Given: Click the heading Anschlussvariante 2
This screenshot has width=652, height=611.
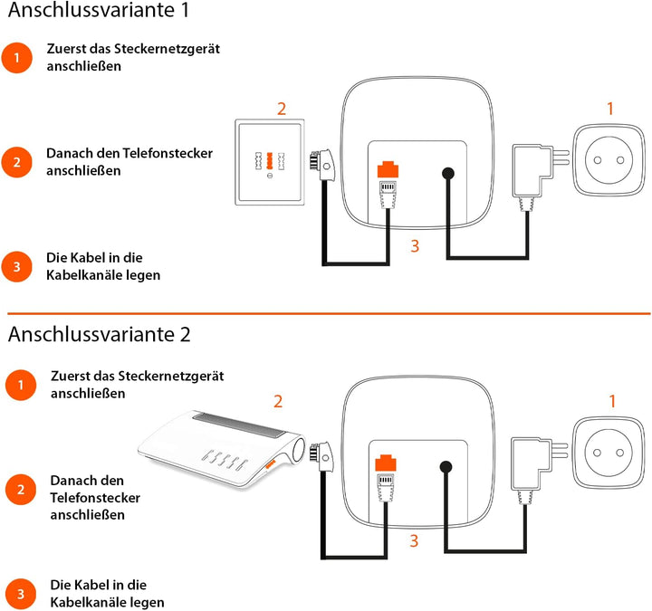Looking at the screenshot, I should pyautogui.click(x=99, y=334).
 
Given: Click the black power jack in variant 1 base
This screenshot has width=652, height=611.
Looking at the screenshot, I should pyautogui.click(x=447, y=174).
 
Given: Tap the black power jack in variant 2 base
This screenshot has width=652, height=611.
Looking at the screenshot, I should pyautogui.click(x=447, y=468).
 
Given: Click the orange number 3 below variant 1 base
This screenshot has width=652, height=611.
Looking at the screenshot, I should pyautogui.click(x=414, y=246).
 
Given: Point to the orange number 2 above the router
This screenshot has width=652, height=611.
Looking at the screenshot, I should pyautogui.click(x=279, y=401).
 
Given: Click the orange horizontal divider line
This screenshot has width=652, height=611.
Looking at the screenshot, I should pyautogui.click(x=326, y=313).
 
